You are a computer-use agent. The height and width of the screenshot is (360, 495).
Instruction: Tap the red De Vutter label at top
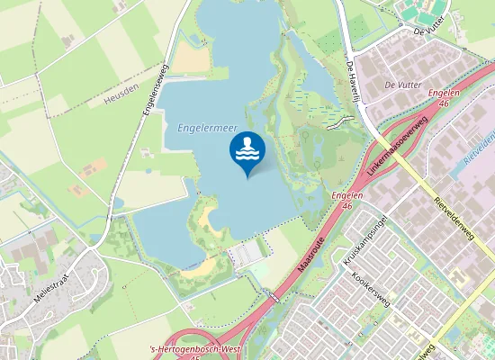430,31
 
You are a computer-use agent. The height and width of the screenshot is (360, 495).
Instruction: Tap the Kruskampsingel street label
364,240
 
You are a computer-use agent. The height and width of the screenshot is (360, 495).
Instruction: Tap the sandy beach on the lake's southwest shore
205,217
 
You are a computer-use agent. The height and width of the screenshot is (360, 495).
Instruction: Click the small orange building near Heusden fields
94,166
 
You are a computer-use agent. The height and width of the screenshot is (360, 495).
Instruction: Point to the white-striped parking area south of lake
243,256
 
